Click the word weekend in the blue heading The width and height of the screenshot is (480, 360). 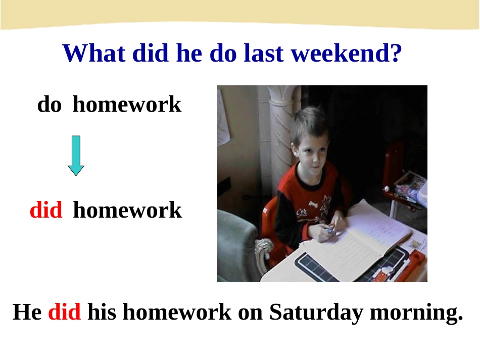pyautogui.click(x=342, y=53)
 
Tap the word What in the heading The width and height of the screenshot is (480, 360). pyautogui.click(x=94, y=53)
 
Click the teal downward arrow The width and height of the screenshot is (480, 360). pyautogui.click(x=76, y=156)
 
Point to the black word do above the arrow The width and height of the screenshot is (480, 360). pyautogui.click(x=50, y=105)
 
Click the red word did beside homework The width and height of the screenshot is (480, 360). pyautogui.click(x=46, y=210)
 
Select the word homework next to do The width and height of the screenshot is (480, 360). pyautogui.click(x=127, y=105)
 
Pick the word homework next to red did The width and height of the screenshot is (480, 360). pyautogui.click(x=128, y=210)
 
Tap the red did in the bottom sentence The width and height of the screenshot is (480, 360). pyautogui.click(x=65, y=312)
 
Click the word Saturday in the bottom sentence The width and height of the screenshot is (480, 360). pyautogui.click(x=316, y=312)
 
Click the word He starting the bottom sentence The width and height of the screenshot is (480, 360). pyautogui.click(x=27, y=312)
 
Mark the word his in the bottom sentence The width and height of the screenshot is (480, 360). pyautogui.click(x=102, y=312)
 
